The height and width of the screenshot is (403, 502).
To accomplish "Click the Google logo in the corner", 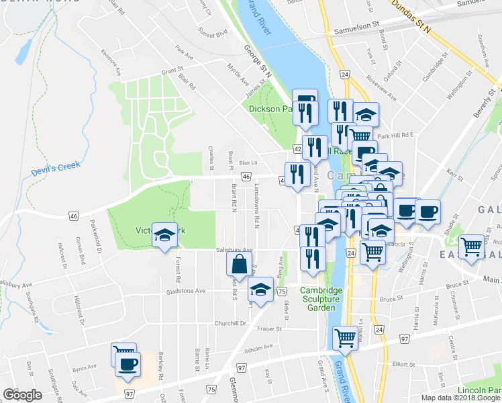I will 22,395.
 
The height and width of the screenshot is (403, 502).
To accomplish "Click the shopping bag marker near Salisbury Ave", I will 240,265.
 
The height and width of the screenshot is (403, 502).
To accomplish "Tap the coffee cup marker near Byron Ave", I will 128,365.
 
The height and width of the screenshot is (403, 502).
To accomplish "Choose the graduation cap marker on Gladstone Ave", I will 260,290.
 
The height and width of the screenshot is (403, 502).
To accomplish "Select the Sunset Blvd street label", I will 213,31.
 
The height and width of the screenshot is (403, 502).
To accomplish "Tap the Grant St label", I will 172,70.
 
